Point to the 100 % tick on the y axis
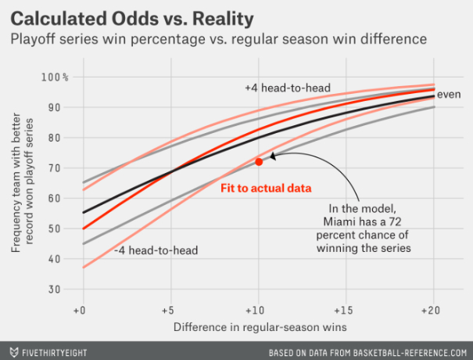point(55,77)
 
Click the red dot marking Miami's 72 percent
point(259,161)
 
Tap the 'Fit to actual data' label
point(266,189)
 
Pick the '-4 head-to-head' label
point(155,250)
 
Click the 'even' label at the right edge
point(449,94)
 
